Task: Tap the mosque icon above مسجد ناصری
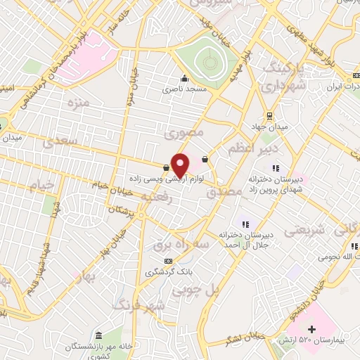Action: [184, 78]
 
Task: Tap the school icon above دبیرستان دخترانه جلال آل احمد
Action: [245, 224]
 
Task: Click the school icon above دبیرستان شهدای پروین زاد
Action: [276, 168]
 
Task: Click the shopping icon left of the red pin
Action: [165, 167]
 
